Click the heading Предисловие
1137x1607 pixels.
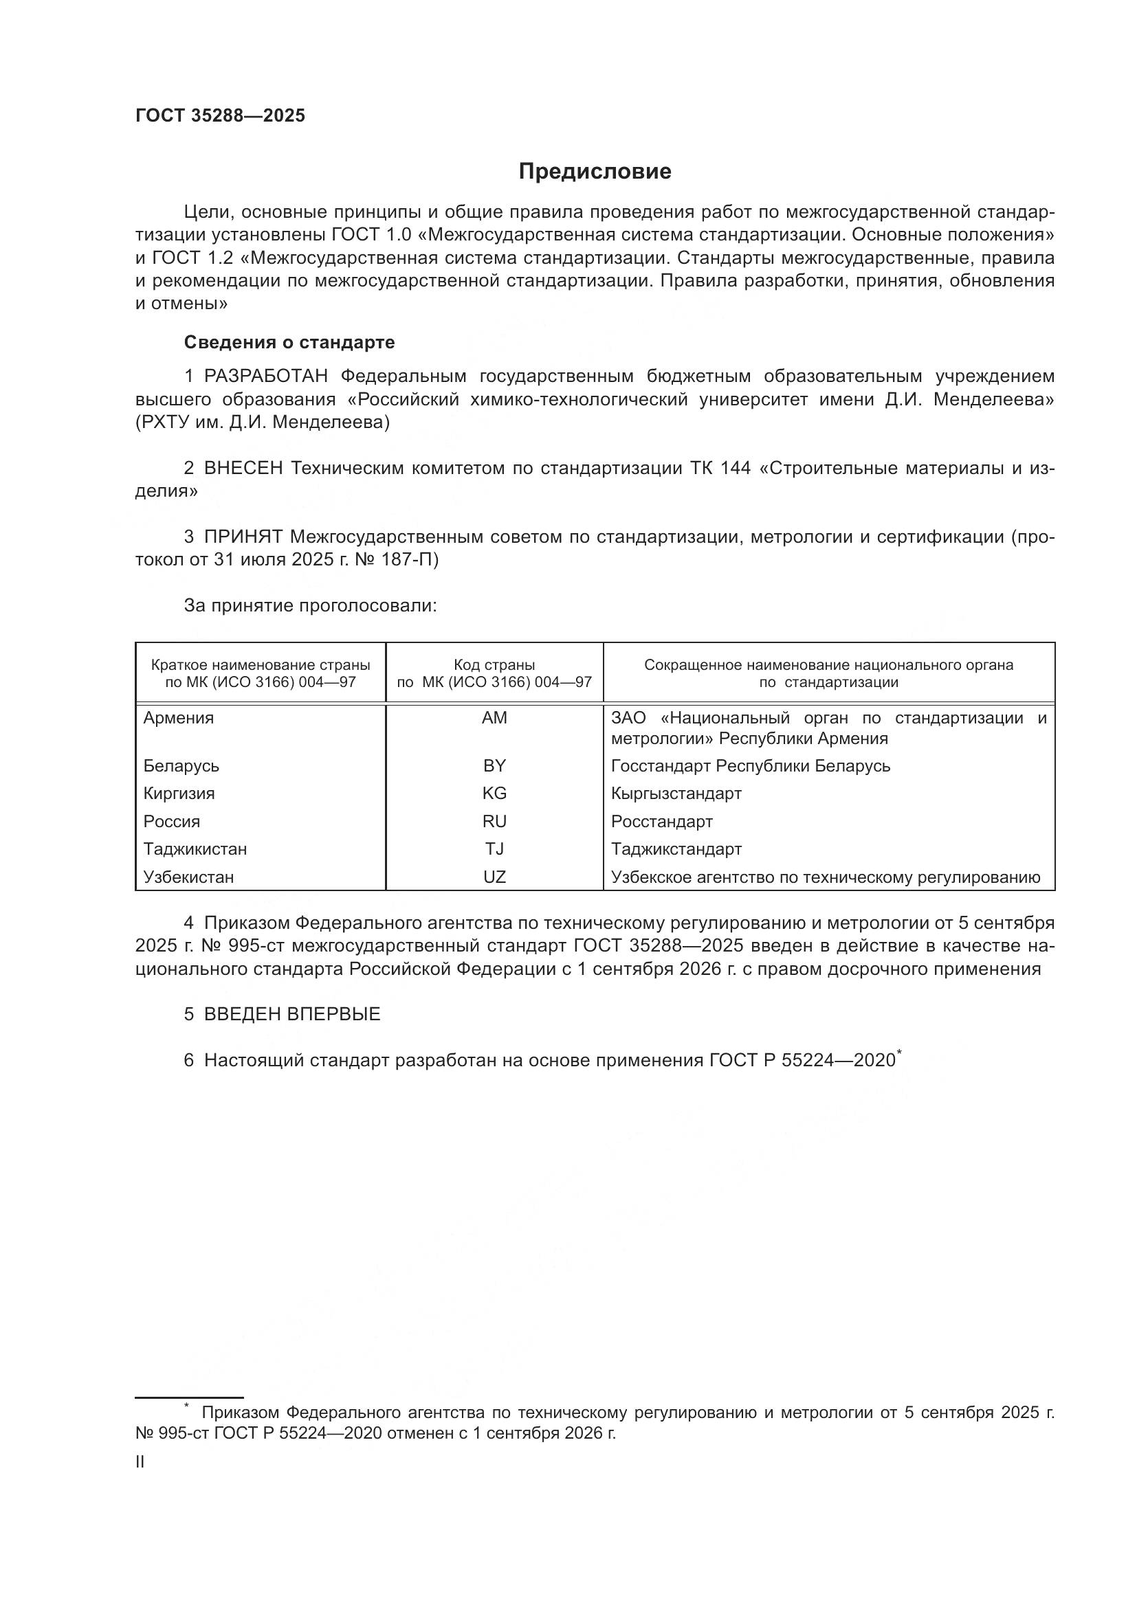point(595,172)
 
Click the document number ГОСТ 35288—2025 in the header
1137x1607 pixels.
point(221,116)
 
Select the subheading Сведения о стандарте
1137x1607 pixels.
point(289,342)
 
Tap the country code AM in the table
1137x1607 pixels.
point(494,717)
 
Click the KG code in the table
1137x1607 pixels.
point(494,793)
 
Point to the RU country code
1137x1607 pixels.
point(494,821)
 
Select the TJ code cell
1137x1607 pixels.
point(494,849)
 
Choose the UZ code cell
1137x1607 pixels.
point(494,877)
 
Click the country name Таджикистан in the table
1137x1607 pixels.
point(195,849)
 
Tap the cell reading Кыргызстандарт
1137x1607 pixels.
point(676,793)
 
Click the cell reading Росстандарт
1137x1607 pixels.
point(661,821)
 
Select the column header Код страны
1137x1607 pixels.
point(494,665)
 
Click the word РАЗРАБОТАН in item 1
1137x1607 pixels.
point(266,377)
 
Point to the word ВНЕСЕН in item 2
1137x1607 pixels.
point(243,469)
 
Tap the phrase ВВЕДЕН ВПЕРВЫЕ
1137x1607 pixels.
point(292,1014)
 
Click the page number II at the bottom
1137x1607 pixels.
point(140,1462)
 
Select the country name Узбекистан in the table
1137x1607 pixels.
point(188,877)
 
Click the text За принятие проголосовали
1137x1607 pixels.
point(310,605)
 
